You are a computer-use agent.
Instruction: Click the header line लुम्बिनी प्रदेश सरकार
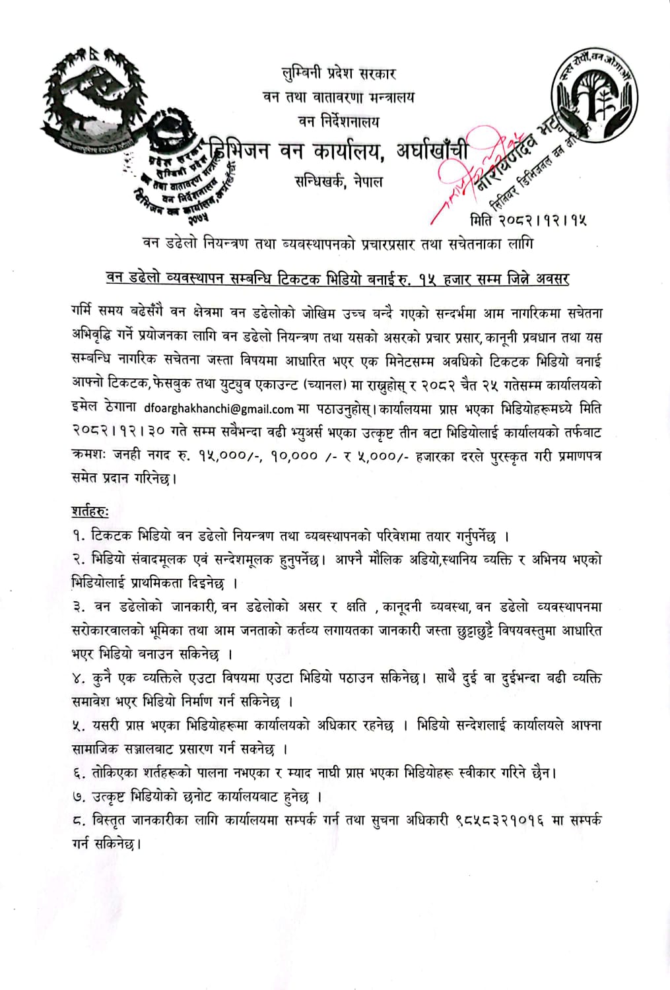point(338,73)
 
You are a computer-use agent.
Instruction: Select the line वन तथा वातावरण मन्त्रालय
point(339,97)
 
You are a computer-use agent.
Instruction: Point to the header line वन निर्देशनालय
point(338,121)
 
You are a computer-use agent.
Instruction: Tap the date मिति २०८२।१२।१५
point(528,219)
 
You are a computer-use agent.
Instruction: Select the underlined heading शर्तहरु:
point(90,511)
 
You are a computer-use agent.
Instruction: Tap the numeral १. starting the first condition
point(79,536)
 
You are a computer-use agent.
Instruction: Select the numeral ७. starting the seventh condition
point(79,797)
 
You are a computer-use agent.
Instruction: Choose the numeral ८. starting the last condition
point(79,821)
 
